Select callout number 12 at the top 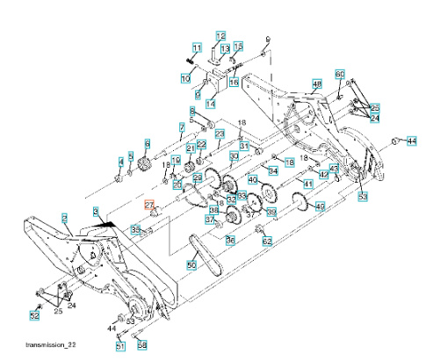point(220,35)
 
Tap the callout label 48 point(317,83)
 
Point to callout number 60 point(340,74)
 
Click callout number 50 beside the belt point(191,264)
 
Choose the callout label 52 point(35,314)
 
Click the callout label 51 point(120,345)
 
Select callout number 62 point(267,240)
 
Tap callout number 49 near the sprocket point(321,206)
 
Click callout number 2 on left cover point(64,216)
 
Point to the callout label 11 point(197,47)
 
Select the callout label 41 point(307,184)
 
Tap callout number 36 point(230,239)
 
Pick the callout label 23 point(220,134)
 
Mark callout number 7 point(182,127)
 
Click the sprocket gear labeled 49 point(302,205)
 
